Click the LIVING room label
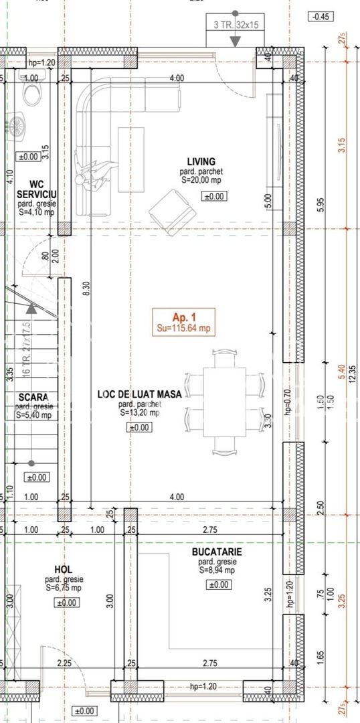[201, 161]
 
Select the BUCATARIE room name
[217, 552]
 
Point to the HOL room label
[64, 568]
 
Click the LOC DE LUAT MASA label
[139, 395]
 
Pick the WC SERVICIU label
[37, 189]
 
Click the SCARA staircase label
[33, 396]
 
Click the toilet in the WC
[32, 87]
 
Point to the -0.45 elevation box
[322, 17]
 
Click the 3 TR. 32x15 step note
[235, 25]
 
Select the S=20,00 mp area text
[201, 179]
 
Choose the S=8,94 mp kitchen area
[217, 570]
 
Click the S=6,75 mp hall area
[64, 587]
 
